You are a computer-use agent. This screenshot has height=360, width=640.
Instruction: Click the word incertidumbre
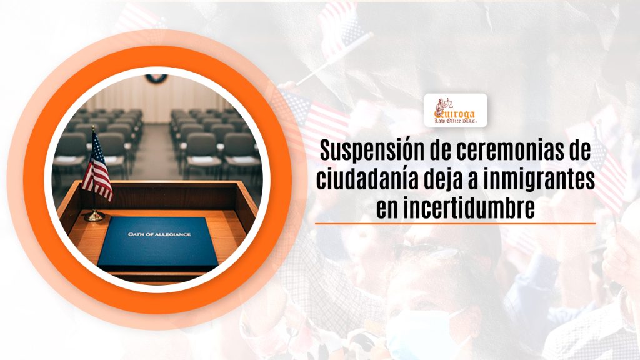pyautogui.click(x=472, y=208)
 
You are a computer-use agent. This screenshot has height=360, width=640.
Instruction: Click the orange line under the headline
pyautogui.click(x=455, y=223)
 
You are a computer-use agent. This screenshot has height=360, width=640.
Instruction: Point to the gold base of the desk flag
pyautogui.click(x=94, y=216)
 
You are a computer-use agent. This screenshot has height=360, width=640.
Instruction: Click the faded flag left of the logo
pyautogui.click(x=312, y=112)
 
